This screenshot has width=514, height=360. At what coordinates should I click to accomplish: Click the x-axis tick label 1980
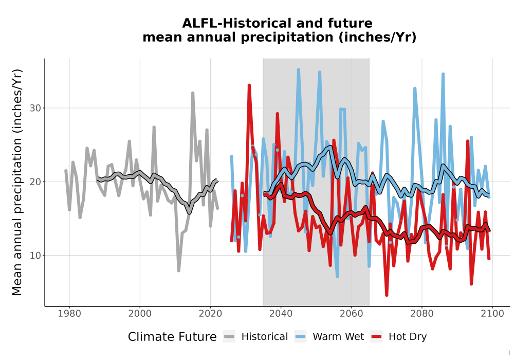(x=69, y=314)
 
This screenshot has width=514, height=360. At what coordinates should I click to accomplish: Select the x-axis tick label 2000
(x=140, y=314)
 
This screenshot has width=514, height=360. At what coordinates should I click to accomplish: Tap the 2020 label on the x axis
(x=210, y=314)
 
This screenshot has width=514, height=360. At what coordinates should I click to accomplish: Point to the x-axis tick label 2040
(x=281, y=314)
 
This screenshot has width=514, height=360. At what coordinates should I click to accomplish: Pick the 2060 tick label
(x=352, y=314)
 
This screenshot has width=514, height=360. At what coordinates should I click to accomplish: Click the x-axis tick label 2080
(x=422, y=314)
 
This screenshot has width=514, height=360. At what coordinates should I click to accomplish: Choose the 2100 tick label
(x=492, y=314)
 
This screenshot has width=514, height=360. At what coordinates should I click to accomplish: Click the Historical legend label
(x=265, y=337)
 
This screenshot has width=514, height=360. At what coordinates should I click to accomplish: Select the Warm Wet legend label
(x=338, y=337)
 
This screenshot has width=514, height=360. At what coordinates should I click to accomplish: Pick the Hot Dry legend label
(x=408, y=337)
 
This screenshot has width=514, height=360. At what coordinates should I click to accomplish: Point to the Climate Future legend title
(x=172, y=337)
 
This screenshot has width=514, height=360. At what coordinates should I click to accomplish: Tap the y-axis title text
(x=17, y=182)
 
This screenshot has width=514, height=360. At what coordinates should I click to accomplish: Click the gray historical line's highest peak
(x=193, y=93)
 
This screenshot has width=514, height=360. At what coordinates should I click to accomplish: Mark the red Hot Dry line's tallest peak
(x=249, y=85)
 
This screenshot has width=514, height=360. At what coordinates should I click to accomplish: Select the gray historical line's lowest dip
(x=179, y=271)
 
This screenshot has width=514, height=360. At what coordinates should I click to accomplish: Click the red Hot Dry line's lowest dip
(x=387, y=295)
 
